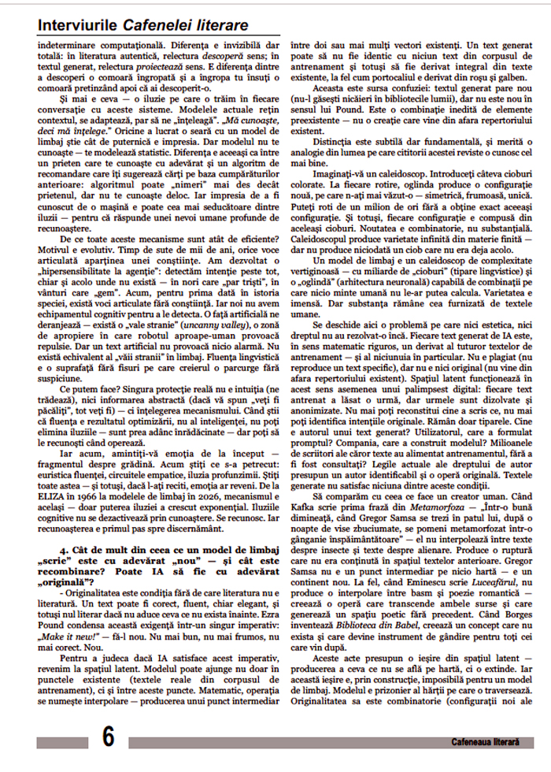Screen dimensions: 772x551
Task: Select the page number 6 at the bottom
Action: [108, 737]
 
